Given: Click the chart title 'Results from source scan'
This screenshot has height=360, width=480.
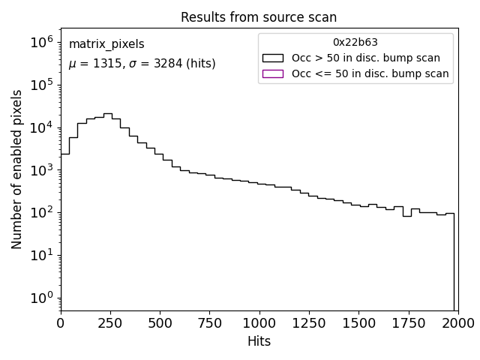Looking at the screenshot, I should point(259,17).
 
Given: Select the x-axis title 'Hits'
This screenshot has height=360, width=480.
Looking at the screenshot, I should point(259,341).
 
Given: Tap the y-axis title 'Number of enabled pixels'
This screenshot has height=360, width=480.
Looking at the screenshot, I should point(17,169).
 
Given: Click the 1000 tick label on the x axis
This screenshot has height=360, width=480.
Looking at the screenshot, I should point(259,323).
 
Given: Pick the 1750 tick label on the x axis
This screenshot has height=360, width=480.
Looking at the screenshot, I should point(408,323).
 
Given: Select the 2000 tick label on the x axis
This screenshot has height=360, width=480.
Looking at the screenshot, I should point(457,323).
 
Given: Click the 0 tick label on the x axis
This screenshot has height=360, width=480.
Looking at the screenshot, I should point(61,323).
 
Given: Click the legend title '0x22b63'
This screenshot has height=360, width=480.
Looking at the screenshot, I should point(355,43).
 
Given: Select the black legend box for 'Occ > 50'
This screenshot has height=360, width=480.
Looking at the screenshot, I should point(273,58).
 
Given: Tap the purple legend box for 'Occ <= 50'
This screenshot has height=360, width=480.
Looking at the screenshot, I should point(273,73).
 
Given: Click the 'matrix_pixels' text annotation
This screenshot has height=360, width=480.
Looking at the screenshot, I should point(106,44).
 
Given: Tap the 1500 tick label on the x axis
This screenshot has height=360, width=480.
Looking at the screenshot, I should point(358,323).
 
